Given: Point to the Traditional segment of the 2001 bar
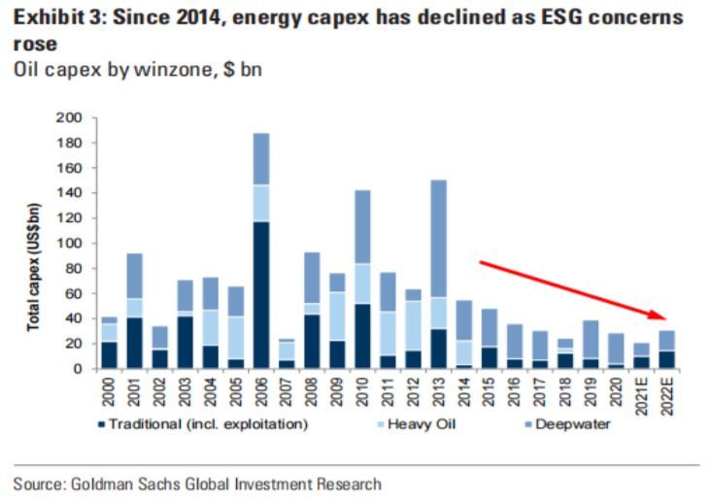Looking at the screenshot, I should click(134, 343).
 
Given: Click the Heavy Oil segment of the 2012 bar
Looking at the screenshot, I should click(414, 325).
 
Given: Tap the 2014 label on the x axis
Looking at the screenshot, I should click(464, 390).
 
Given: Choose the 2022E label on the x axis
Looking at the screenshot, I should click(667, 395).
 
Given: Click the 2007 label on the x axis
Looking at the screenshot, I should click(287, 390).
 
